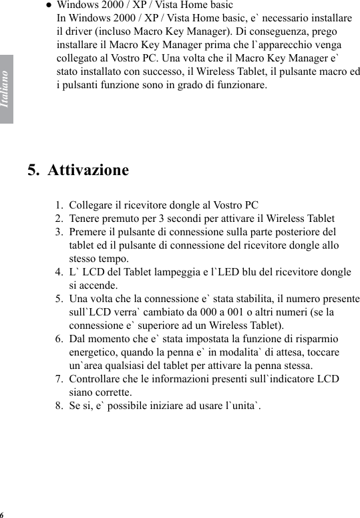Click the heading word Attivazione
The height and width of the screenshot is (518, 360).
click(87, 170)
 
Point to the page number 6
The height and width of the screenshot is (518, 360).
click(2, 514)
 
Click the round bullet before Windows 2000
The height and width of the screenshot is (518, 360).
click(49, 5)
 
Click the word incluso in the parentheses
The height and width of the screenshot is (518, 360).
click(106, 31)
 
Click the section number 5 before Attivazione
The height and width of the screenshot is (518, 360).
click(33, 170)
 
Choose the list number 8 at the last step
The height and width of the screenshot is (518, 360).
click(59, 406)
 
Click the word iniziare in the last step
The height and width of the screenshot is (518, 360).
click(169, 406)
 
